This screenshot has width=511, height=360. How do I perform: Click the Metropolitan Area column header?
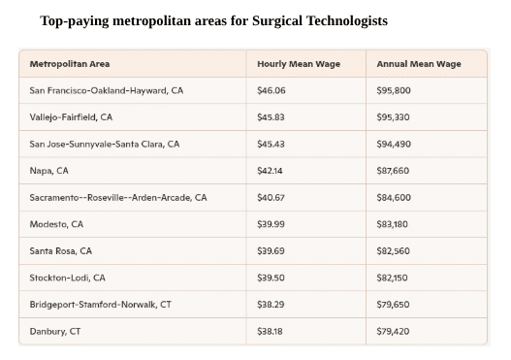tap(70, 64)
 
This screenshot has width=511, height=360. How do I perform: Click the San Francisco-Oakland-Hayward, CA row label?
tap(106, 90)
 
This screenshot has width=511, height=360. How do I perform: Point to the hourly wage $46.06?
tap(271, 90)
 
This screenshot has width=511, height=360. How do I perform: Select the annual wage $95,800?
tap(394, 90)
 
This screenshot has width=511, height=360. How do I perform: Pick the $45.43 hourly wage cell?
tap(271, 144)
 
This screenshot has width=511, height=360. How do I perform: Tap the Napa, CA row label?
tap(49, 171)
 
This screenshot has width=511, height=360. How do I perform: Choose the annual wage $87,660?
tap(394, 171)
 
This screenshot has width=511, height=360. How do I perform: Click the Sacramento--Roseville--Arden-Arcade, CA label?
tap(118, 197)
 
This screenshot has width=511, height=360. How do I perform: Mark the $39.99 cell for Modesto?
tap(271, 224)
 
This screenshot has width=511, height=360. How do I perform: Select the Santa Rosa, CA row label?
tap(61, 250)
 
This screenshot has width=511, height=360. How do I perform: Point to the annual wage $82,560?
tap(394, 250)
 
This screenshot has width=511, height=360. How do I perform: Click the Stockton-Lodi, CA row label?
tap(68, 278)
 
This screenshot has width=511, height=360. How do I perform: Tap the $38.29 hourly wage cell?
tap(271, 304)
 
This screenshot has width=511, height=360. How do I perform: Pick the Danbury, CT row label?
tap(55, 331)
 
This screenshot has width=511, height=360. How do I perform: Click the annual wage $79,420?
tap(394, 331)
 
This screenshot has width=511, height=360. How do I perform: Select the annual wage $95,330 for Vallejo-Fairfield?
tap(394, 117)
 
